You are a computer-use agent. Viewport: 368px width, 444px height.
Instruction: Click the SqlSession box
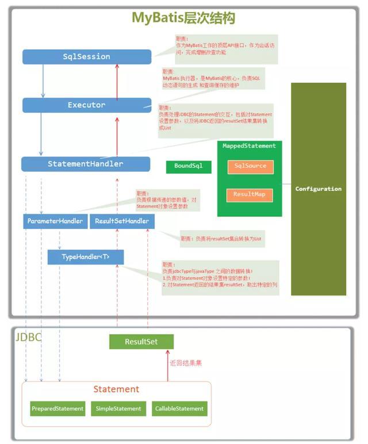[87, 56]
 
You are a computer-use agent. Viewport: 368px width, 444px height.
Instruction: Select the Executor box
[87, 105]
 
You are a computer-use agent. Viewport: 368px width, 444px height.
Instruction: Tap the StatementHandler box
[86, 164]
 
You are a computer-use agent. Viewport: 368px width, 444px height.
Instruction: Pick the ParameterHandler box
[55, 221]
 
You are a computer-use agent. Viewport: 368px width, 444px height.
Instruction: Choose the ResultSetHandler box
[122, 221]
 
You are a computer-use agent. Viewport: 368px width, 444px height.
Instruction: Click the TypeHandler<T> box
[85, 257]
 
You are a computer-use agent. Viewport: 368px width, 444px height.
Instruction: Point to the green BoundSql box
[189, 167]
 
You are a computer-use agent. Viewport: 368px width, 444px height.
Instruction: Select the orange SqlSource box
[250, 166]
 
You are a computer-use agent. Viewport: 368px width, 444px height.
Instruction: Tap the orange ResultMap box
[250, 194]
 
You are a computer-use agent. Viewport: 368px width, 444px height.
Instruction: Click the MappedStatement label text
[250, 146]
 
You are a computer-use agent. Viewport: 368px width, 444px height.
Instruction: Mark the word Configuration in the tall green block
[319, 189]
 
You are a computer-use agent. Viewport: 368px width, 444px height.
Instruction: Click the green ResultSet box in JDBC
[141, 342]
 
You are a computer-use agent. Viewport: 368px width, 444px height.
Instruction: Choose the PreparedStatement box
[57, 408]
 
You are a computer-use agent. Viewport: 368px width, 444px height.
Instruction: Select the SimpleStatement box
[119, 408]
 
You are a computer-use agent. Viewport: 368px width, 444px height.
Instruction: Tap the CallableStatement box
[179, 408]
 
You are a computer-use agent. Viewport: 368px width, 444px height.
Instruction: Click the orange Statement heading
[116, 389]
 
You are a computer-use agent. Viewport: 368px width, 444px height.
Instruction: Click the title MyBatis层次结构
[183, 18]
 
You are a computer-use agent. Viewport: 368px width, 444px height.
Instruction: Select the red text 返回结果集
[185, 363]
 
